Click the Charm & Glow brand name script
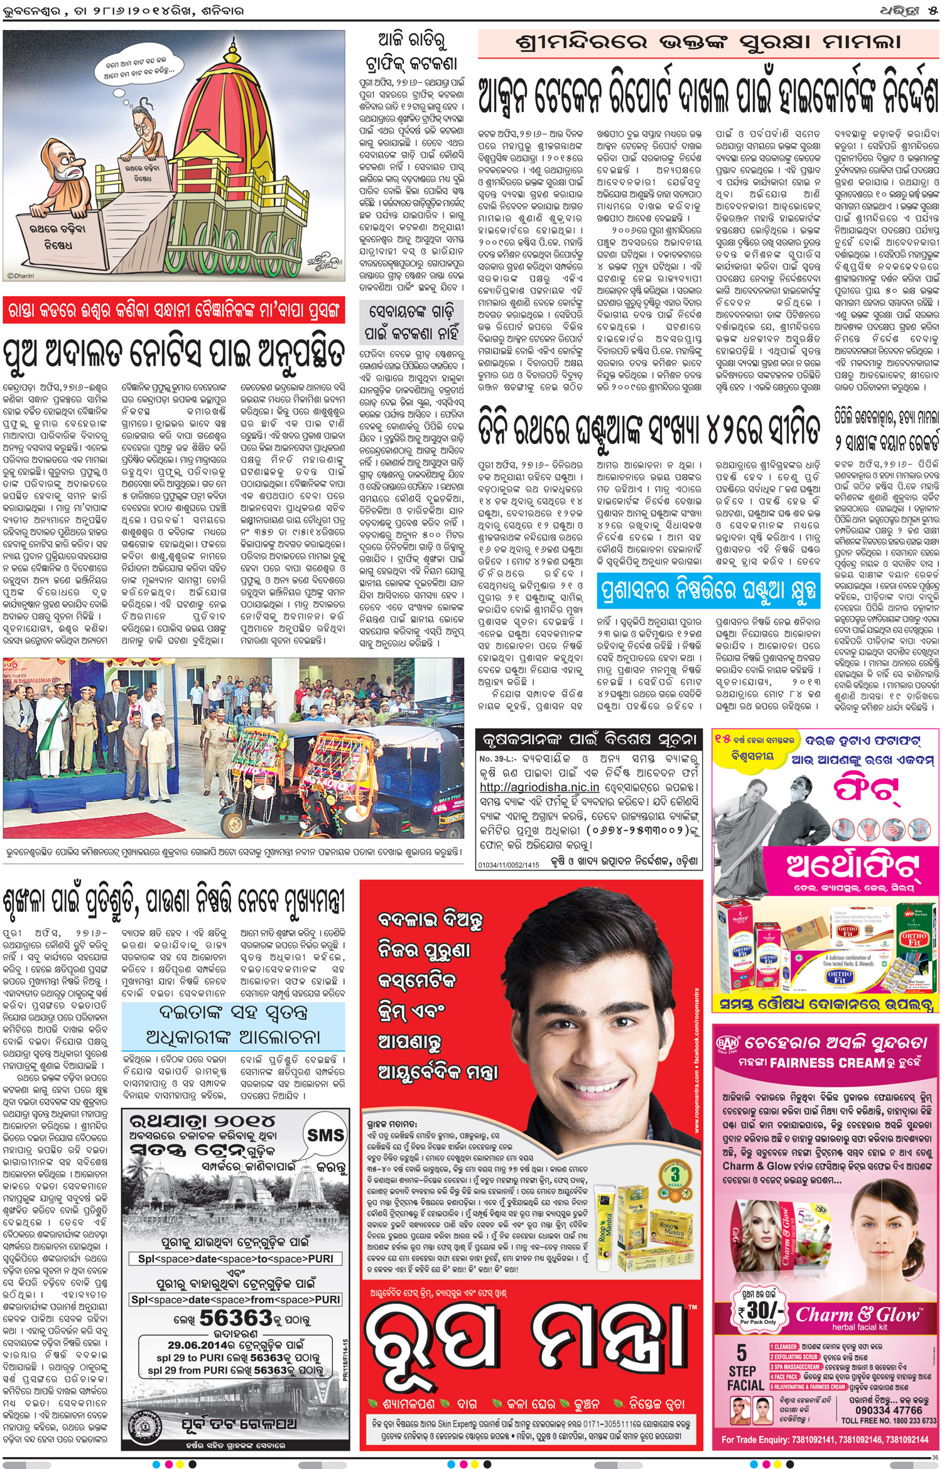(x=858, y=1314)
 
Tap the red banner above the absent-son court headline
(x=174, y=310)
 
